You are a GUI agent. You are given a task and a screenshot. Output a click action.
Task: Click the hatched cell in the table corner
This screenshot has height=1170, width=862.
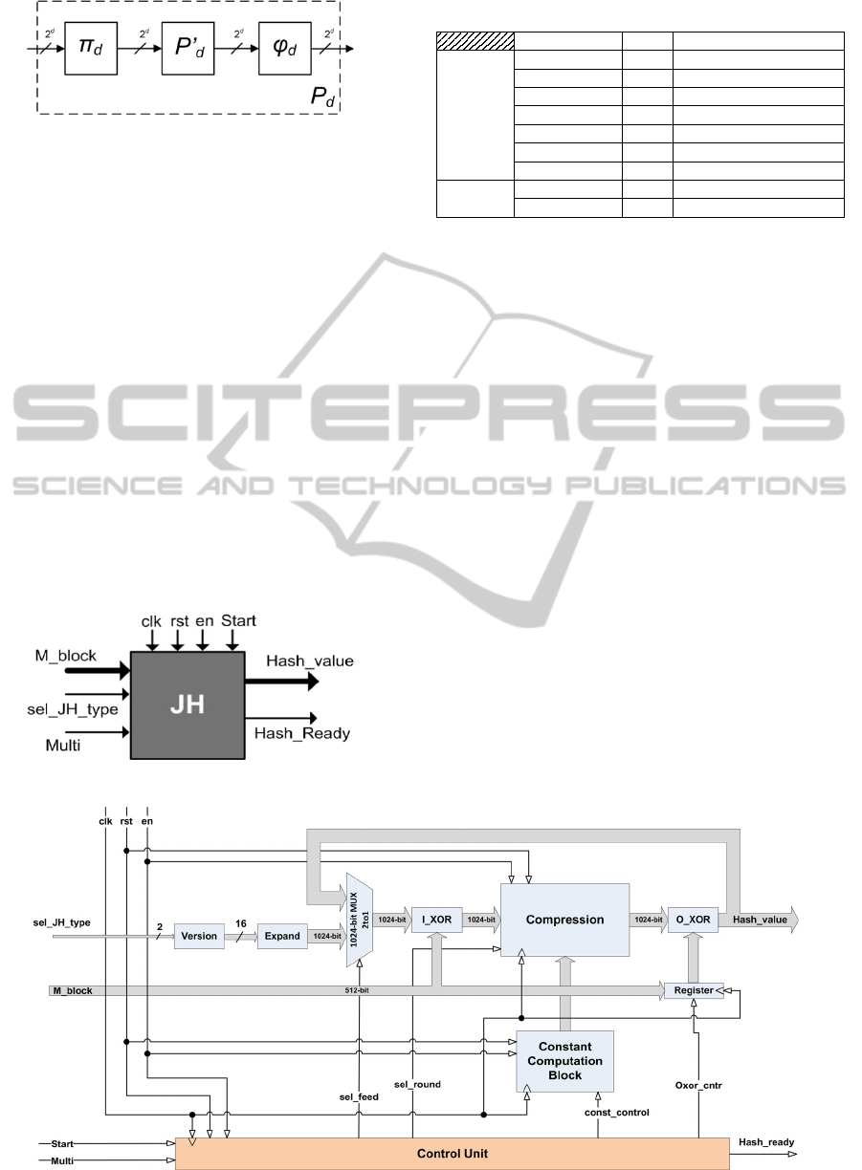click(x=475, y=40)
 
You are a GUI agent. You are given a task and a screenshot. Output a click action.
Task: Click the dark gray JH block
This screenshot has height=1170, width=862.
click(x=188, y=704)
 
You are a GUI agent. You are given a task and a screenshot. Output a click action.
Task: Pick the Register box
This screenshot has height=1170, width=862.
click(x=694, y=990)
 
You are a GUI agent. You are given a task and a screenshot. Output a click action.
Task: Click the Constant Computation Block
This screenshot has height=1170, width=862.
click(x=564, y=1061)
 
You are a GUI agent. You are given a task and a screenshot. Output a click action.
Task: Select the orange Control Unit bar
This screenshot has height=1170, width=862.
click(x=453, y=1154)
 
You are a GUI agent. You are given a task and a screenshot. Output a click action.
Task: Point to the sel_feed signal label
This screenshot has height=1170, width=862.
click(x=360, y=1096)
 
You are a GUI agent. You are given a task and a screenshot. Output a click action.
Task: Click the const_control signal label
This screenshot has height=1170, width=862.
click(x=616, y=1113)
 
